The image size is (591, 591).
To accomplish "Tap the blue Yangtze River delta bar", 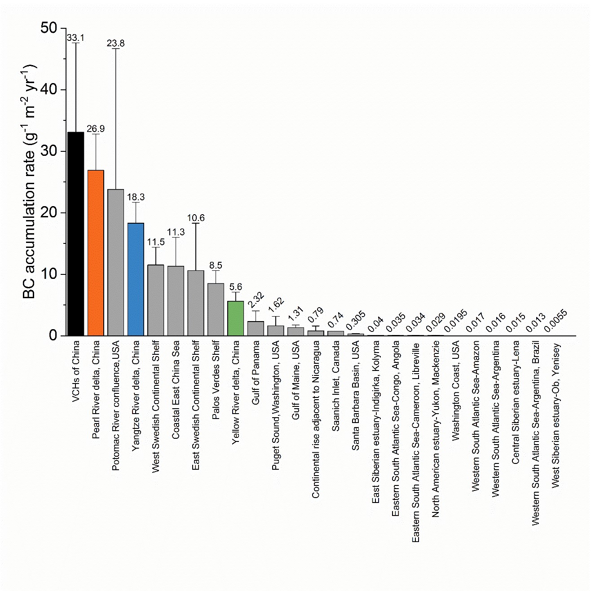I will (136, 279).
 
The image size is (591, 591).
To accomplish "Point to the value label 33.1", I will (75, 38).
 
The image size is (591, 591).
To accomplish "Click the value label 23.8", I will (116, 44).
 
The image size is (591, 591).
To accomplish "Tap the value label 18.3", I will (136, 197).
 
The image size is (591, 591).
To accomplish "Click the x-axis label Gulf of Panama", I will (256, 373).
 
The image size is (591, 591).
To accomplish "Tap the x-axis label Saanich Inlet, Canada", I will (335, 386).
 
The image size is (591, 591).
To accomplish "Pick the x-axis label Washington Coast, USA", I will (455, 391).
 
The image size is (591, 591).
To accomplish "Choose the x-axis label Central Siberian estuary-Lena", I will (516, 402).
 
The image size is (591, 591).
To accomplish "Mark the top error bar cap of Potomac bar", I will (116, 49).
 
